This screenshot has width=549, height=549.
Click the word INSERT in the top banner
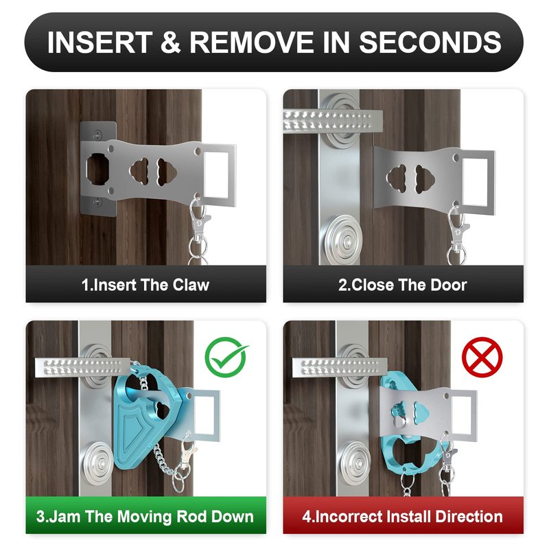tap(100, 43)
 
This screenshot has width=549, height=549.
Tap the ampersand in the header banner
tap(171, 43)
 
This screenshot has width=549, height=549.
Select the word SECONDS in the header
tap(430, 43)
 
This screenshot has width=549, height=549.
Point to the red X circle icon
tap(482, 357)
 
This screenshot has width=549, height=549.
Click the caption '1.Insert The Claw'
tap(145, 285)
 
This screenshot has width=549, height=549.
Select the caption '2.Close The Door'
tap(403, 285)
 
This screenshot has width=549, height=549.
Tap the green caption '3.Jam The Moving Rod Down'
tap(145, 517)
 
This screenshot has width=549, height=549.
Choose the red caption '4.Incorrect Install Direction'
tap(403, 517)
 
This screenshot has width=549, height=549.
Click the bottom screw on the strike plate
tap(98, 201)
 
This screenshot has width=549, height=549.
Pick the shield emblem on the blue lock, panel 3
tap(135, 432)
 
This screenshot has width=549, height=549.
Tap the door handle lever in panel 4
tap(340, 368)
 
